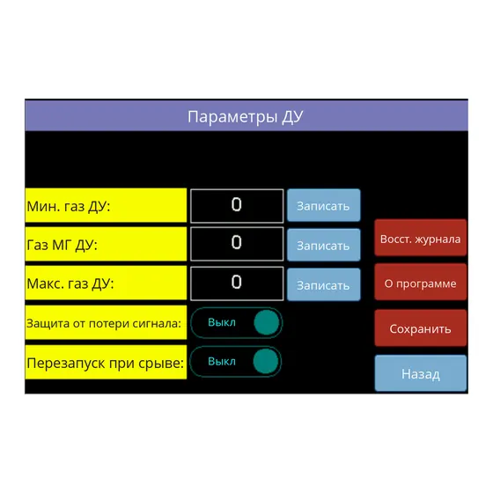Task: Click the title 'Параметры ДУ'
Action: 246,116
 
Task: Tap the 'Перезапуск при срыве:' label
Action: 106,362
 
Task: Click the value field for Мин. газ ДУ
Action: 237,206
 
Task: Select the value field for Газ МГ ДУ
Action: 237,244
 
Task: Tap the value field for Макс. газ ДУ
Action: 237,283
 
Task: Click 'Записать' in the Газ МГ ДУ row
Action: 324,245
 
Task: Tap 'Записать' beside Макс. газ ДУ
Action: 324,284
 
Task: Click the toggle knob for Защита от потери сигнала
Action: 266,322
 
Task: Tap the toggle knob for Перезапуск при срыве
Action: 266,361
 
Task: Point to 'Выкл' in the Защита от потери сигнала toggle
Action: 222,322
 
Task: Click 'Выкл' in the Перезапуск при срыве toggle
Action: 222,361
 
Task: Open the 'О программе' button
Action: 421,283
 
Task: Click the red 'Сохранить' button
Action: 421,327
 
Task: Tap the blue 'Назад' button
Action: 421,373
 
